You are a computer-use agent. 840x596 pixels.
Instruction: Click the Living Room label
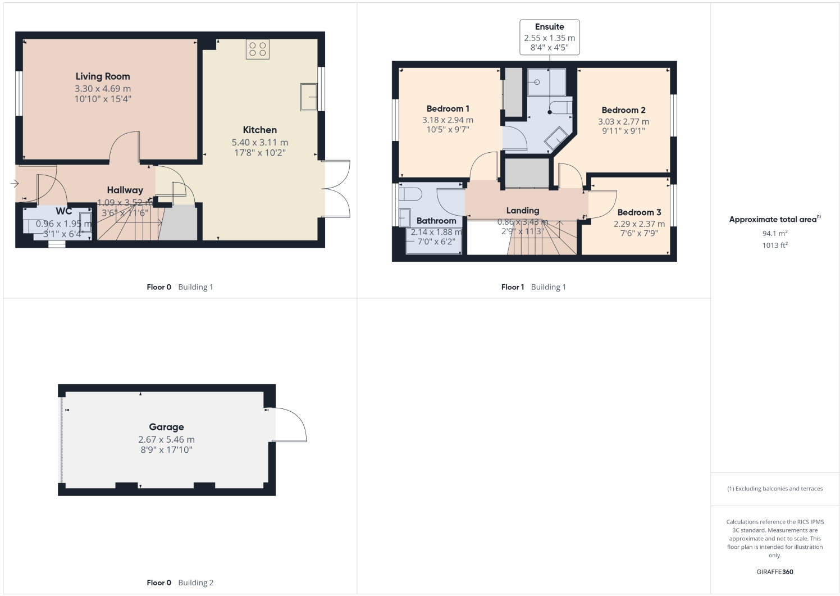click(x=103, y=76)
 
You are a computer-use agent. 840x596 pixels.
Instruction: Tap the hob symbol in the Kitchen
click(x=257, y=49)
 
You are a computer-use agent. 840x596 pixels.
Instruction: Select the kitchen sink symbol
click(x=309, y=97)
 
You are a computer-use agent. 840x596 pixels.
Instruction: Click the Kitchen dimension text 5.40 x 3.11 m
click(x=259, y=143)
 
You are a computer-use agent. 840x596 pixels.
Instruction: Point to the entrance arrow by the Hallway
click(x=14, y=183)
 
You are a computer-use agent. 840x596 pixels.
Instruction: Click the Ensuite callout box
click(x=549, y=37)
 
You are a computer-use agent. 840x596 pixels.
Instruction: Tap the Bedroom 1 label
click(x=448, y=108)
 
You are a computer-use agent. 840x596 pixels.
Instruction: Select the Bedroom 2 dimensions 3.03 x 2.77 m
click(x=623, y=121)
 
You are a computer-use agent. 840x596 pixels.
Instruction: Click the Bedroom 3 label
click(x=639, y=212)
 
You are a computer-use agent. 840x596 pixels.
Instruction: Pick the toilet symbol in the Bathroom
click(x=410, y=194)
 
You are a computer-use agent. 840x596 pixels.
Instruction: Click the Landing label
click(x=522, y=211)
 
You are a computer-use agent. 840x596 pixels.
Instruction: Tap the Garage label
click(x=166, y=427)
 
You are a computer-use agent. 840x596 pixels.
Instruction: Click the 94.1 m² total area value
click(x=774, y=233)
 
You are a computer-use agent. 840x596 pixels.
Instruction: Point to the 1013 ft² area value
click(x=774, y=245)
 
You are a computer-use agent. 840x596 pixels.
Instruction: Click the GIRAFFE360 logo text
click(x=774, y=572)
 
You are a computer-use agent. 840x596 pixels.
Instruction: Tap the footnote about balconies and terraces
click(x=774, y=489)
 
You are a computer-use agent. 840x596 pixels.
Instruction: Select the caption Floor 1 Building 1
click(x=533, y=287)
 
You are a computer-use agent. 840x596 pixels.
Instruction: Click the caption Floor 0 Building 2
click(x=180, y=583)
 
